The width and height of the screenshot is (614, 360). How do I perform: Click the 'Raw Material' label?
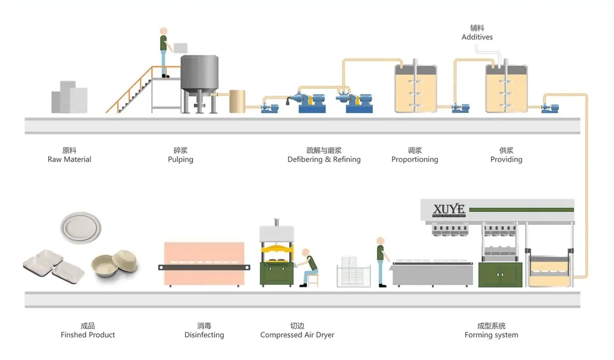pos(70,159)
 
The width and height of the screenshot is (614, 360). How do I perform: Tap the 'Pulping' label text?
pos(180,159)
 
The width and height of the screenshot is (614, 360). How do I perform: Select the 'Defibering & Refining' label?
pos(324,159)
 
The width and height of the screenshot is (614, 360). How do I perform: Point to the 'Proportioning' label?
pos(415,159)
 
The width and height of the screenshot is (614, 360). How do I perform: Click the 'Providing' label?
pos(506,159)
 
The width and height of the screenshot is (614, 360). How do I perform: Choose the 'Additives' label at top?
pos(477,37)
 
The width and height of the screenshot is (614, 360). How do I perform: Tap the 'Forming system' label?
pos(491,335)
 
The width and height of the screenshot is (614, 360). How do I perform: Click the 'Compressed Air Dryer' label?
pos(297,335)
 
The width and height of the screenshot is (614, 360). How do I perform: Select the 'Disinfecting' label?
pos(204,335)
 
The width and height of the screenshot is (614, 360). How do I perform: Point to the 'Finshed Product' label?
pos(88,335)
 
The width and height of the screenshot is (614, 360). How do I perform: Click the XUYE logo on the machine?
pos(449,209)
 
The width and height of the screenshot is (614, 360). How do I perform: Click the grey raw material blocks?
pos(70,97)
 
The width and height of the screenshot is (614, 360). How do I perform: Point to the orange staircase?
pos(130,93)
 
